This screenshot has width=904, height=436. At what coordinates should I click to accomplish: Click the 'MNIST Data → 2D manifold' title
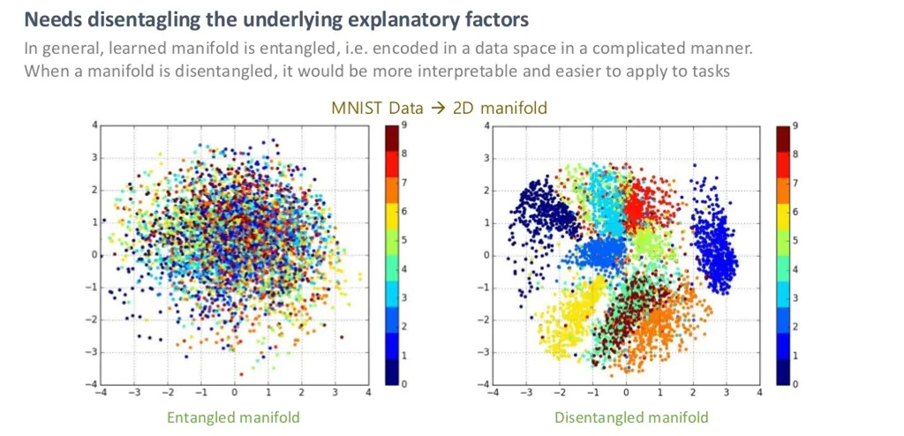point(439,108)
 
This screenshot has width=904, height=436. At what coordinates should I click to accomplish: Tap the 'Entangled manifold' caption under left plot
point(233,417)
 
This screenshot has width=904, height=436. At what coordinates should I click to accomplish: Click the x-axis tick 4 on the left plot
point(367,393)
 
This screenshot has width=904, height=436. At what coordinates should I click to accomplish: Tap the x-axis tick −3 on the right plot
point(527,393)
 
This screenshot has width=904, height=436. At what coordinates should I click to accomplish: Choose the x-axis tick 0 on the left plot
point(234,393)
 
